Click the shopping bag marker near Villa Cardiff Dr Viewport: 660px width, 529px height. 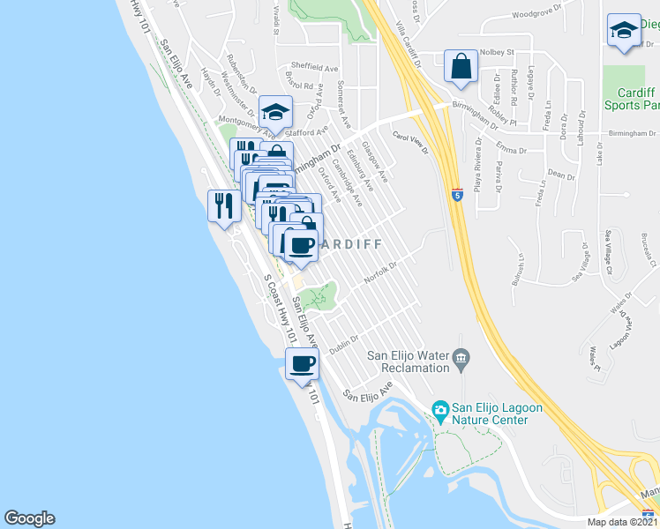pos(461,66)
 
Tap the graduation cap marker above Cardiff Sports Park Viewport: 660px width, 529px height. pos(624,31)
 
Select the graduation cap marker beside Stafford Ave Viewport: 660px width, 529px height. pos(275,112)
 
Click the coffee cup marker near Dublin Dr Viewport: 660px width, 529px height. pos(302,363)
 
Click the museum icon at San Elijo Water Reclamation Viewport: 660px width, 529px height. pos(460,358)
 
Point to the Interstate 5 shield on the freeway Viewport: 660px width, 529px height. pos(456,193)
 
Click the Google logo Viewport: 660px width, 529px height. pos(29,518)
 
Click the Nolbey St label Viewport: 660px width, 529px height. pos(499,52)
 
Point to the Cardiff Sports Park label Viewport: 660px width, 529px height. pos(629,99)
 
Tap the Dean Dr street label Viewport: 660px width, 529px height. pos(561,175)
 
